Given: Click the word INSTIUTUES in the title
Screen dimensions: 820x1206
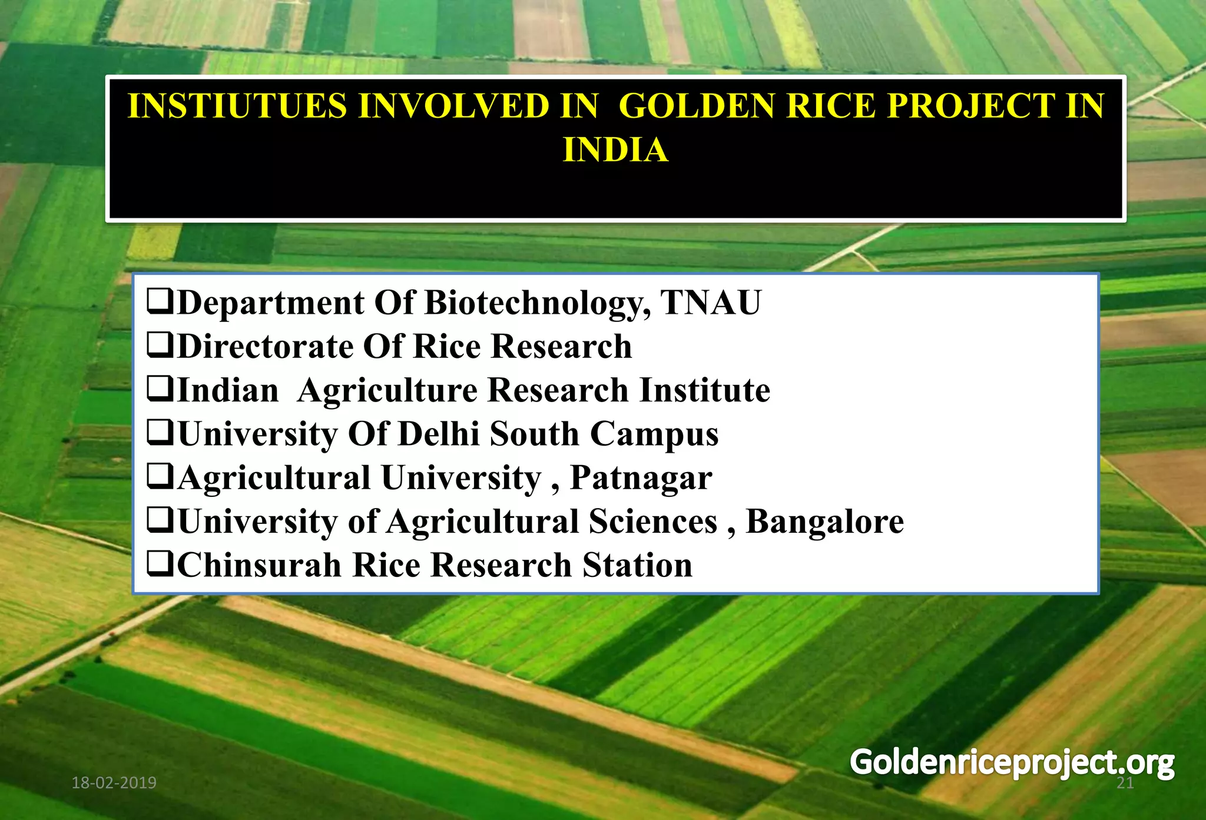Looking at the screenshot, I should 237,107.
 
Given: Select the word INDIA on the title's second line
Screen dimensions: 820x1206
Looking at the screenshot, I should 615,150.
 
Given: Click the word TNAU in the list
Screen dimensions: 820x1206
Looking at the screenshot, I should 711,303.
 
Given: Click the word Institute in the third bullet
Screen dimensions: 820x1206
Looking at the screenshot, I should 705,390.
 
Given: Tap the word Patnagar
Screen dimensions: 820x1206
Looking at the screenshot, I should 641,478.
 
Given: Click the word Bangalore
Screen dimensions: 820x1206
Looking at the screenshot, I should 824,522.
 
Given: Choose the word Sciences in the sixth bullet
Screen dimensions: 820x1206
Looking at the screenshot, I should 653,522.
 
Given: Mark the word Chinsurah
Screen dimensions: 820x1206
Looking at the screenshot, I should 259,565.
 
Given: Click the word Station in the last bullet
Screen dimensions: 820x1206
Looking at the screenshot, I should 638,565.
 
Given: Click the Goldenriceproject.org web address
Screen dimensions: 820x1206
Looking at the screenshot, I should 1012,763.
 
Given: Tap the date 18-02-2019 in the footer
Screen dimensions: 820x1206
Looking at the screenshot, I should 114,783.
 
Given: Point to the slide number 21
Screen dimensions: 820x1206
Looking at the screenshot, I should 1125,783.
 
